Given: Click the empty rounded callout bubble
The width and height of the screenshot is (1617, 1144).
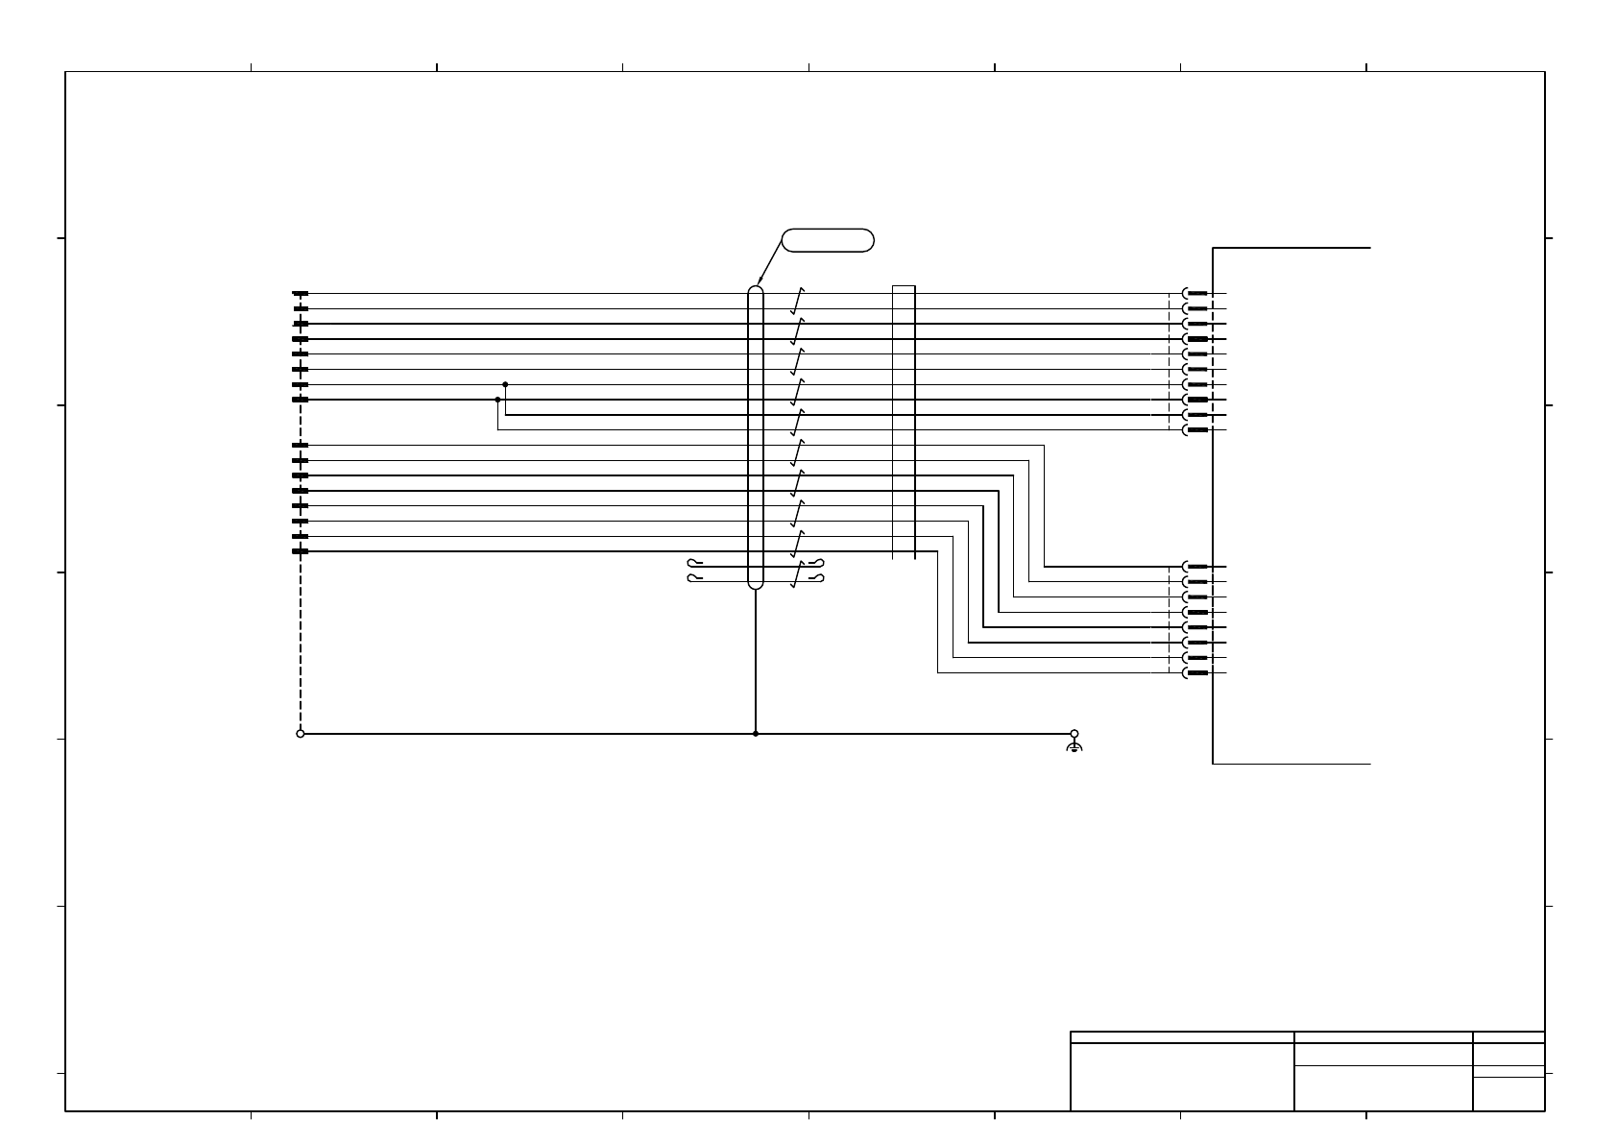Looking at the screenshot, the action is tap(828, 240).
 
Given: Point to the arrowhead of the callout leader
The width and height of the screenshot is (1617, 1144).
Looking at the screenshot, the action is tap(758, 283).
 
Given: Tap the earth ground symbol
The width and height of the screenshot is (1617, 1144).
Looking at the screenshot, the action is tap(1074, 746).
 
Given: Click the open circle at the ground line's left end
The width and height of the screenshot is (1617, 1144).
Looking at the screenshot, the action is tap(301, 734).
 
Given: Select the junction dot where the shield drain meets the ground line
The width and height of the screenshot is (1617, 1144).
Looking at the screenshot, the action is tap(756, 734).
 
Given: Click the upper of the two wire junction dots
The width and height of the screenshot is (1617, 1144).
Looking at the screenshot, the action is tap(505, 384).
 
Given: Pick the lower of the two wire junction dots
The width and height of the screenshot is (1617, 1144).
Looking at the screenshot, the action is tap(497, 400).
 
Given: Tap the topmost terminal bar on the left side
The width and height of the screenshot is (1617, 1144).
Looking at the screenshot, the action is tap(301, 294).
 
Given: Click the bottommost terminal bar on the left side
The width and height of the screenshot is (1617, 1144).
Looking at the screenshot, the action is tap(301, 551).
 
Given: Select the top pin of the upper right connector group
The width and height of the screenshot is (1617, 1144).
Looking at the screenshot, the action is tap(1196, 294).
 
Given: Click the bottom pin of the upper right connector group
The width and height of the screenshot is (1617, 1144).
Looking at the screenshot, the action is tap(1196, 430).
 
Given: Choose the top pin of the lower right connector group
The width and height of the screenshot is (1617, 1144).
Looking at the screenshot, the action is tap(1196, 567).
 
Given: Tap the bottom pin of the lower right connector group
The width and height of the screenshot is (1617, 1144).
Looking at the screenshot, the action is tap(1196, 673).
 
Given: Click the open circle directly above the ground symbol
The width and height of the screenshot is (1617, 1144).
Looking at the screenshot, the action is tap(1074, 733).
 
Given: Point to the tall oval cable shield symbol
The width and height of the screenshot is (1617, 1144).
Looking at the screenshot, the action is tap(756, 437).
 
